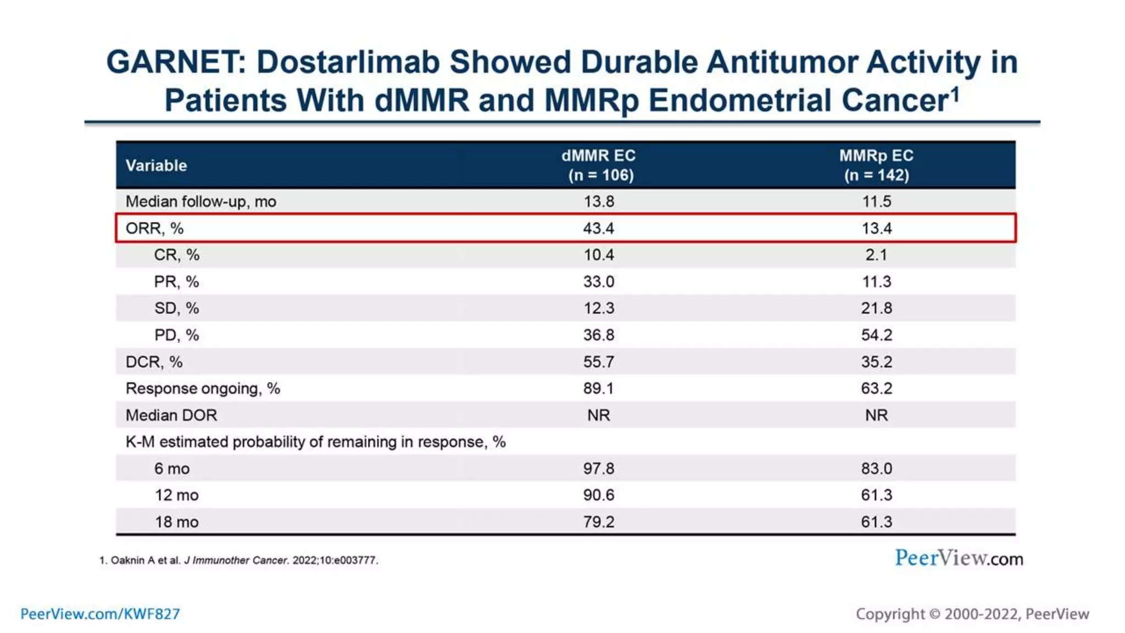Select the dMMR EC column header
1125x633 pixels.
click(598, 165)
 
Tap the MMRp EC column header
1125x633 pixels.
click(876, 165)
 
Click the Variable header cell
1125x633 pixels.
click(156, 165)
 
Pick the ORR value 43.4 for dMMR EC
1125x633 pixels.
click(598, 228)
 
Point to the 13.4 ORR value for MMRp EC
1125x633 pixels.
click(876, 228)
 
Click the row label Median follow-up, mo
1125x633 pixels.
click(201, 202)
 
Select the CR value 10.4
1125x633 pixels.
click(598, 255)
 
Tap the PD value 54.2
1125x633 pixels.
click(876, 335)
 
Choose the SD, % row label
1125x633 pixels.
click(176, 308)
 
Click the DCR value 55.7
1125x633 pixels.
click(598, 362)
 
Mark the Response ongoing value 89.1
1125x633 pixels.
click(598, 388)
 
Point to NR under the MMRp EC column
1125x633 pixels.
click(876, 415)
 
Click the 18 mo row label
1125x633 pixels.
click(176, 522)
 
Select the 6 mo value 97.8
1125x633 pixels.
click(598, 469)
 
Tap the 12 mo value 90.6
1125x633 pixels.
click(598, 495)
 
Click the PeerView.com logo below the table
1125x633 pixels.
click(959, 558)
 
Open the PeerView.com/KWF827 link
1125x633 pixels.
click(100, 614)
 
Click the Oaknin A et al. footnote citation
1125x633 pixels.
click(239, 560)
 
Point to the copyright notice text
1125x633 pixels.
click(972, 614)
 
